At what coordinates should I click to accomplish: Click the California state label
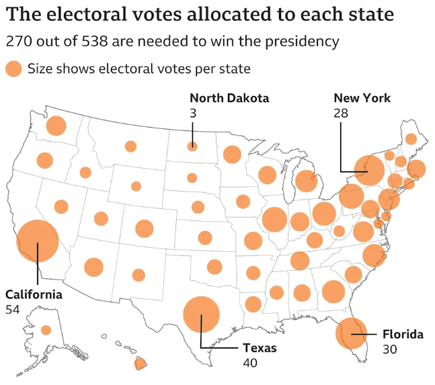click(34, 294)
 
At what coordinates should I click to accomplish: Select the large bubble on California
click(38, 241)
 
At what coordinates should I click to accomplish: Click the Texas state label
click(260, 349)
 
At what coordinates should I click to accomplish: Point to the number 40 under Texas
click(251, 363)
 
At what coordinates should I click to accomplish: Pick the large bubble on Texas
click(201, 314)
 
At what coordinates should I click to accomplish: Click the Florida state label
click(403, 334)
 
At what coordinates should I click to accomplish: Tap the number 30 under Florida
click(390, 349)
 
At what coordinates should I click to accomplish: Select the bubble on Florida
click(351, 333)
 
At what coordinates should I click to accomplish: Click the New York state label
click(362, 98)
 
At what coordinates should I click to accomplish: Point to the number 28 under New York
click(341, 113)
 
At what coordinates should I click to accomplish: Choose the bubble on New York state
click(368, 171)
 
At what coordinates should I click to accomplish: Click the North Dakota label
click(229, 98)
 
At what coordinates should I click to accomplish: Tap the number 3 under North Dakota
click(193, 113)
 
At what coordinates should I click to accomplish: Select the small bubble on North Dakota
click(192, 146)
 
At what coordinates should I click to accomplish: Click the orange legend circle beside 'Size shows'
click(13, 69)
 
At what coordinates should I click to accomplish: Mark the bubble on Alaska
click(46, 330)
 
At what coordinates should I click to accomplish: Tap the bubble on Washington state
click(56, 126)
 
